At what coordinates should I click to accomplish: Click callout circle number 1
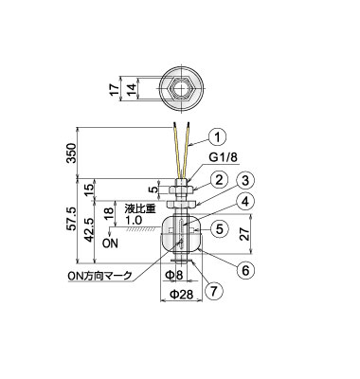[x=218, y=137]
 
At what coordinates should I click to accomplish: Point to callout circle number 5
[x=220, y=228]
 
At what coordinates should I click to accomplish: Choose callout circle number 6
[x=245, y=270]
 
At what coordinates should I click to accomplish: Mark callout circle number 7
[x=214, y=291]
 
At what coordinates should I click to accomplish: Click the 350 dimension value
[x=73, y=153]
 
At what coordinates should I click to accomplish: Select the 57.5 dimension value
[x=72, y=219]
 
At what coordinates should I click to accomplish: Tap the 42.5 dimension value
[x=89, y=230]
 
